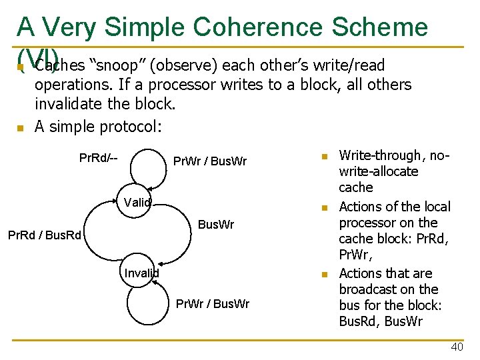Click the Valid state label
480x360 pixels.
point(137,202)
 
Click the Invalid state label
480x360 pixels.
point(141,272)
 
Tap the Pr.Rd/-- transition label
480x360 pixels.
point(99,158)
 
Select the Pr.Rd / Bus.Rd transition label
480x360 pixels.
point(44,235)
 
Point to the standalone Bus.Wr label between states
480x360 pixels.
point(216,225)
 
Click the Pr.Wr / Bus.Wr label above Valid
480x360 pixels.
point(209,161)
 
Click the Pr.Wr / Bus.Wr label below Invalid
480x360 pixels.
point(212,304)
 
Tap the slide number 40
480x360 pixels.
point(457,347)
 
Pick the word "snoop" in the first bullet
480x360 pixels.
point(117,65)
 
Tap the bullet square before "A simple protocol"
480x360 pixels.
point(20,127)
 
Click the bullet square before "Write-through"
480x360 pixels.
point(325,156)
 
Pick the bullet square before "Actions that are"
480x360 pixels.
point(325,274)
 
